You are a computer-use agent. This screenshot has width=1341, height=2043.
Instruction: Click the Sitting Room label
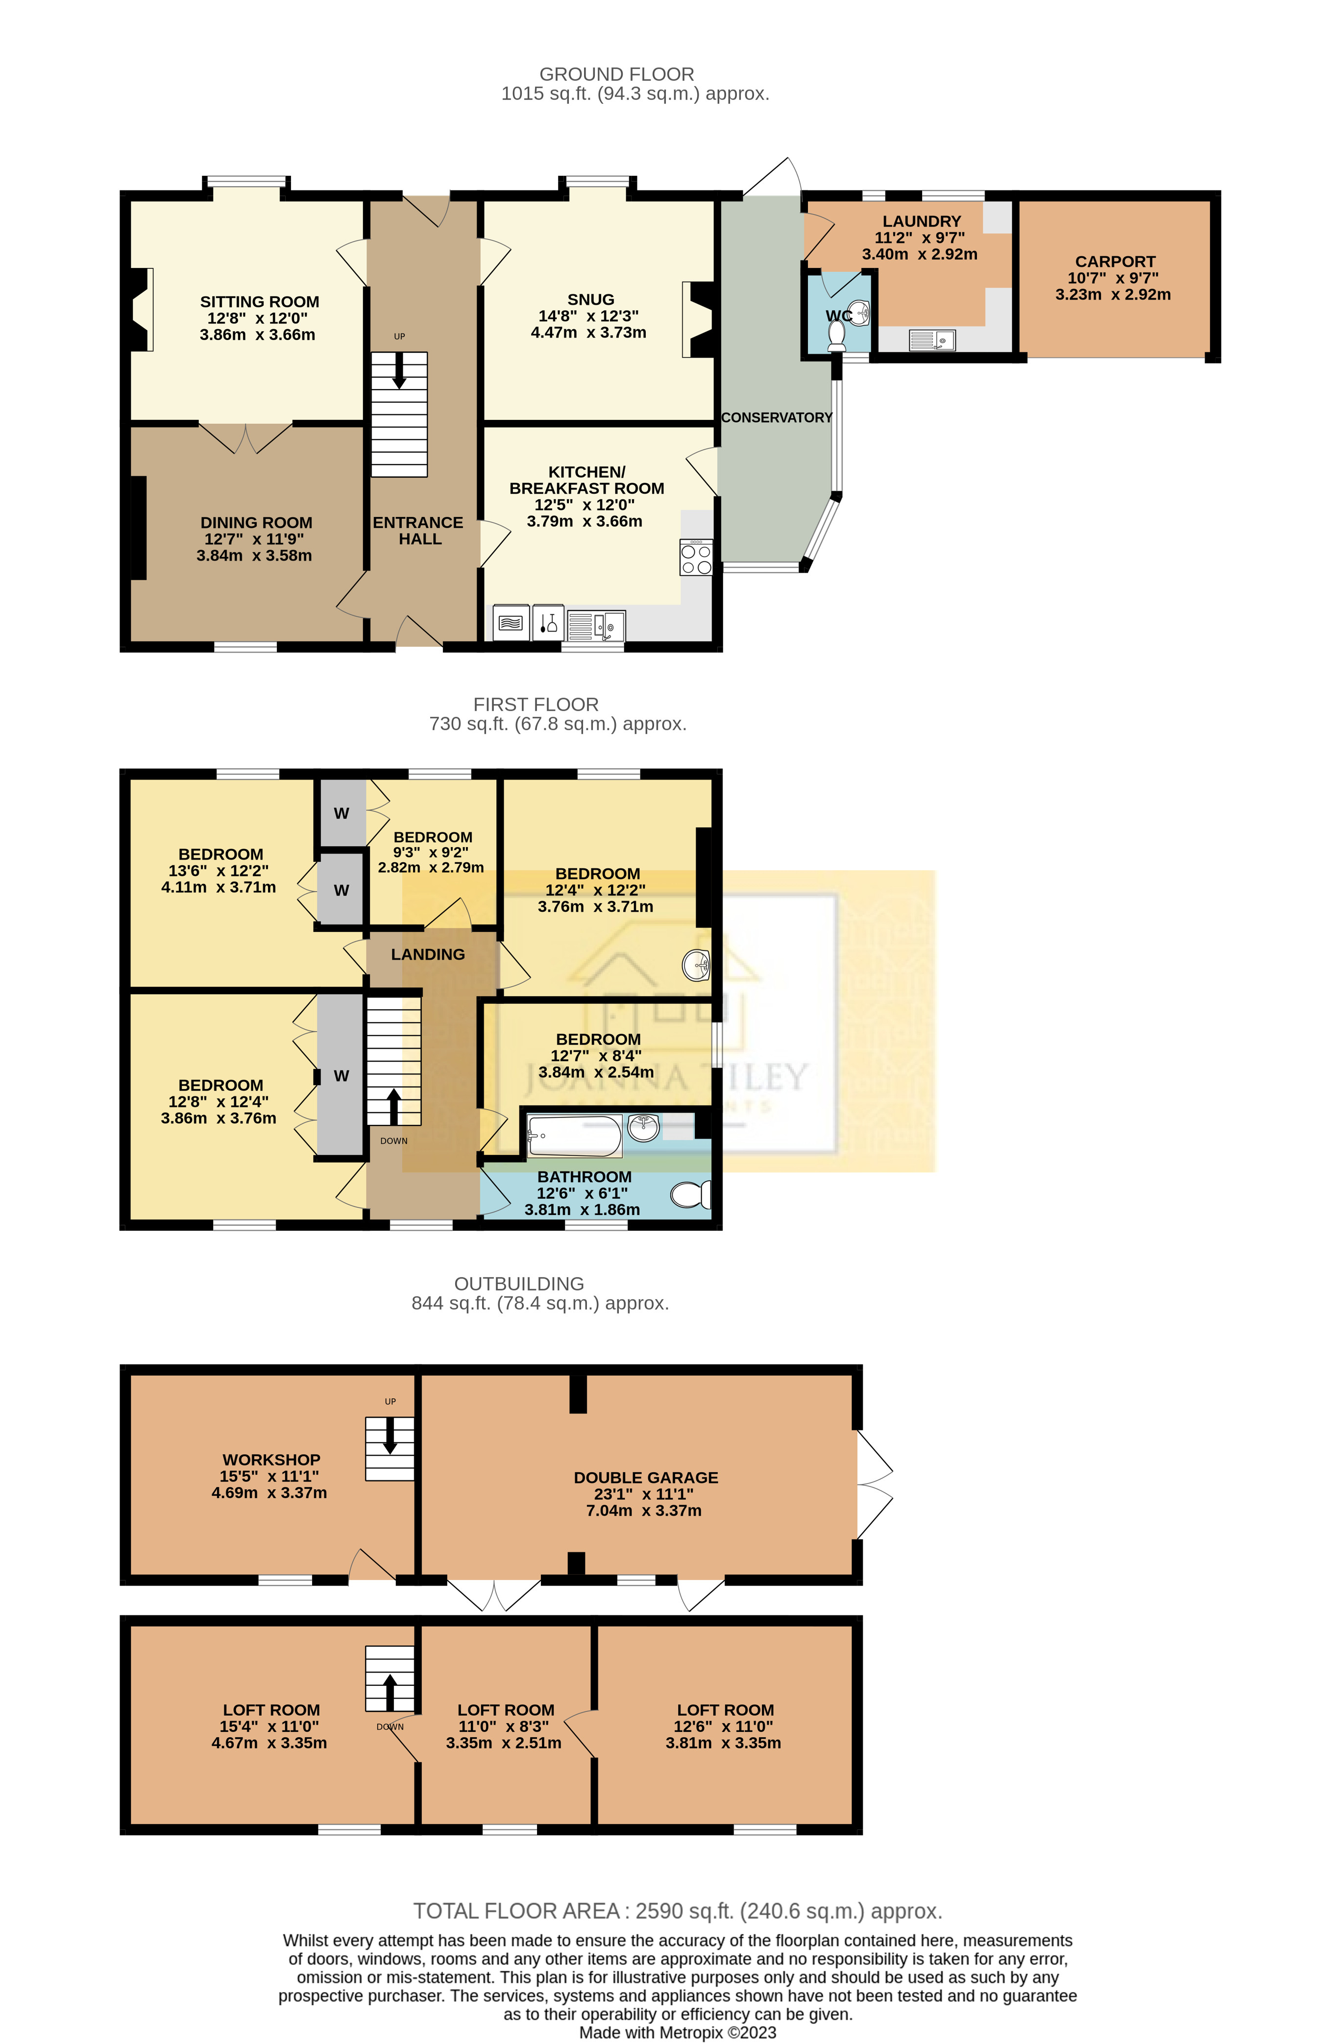[259, 302]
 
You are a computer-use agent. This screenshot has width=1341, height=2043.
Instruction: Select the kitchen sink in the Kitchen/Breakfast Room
[596, 626]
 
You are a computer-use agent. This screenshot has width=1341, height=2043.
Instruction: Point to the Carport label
[1114, 262]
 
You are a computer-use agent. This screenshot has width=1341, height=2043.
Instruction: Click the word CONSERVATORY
[776, 418]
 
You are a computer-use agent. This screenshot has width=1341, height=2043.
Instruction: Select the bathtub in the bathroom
[573, 1136]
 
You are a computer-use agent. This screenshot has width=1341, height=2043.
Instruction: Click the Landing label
[428, 954]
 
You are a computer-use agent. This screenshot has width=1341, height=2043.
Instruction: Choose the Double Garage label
[646, 1477]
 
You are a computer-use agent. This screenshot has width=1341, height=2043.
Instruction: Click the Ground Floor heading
[616, 74]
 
